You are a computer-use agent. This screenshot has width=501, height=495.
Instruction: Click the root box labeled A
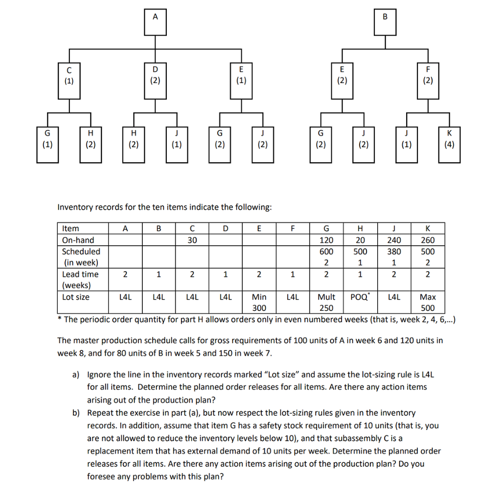click(x=156, y=22)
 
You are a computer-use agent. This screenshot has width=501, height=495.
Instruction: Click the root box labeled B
click(x=385, y=22)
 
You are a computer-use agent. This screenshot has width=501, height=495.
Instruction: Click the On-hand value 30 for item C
click(x=192, y=240)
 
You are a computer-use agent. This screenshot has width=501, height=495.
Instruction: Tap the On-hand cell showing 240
click(x=394, y=240)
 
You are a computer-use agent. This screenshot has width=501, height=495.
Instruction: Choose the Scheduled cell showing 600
click(x=326, y=251)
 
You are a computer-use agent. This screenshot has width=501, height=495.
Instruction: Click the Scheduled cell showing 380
click(x=394, y=251)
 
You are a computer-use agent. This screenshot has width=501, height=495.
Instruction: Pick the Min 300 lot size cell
click(x=259, y=302)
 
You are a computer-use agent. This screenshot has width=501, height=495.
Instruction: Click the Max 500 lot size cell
click(x=428, y=302)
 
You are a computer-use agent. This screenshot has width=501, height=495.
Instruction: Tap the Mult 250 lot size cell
click(x=326, y=302)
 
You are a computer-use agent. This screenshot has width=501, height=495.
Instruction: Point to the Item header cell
click(x=71, y=229)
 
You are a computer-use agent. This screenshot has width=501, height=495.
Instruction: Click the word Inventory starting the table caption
click(x=75, y=207)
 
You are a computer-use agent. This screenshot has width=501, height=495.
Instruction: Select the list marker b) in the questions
click(x=76, y=412)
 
